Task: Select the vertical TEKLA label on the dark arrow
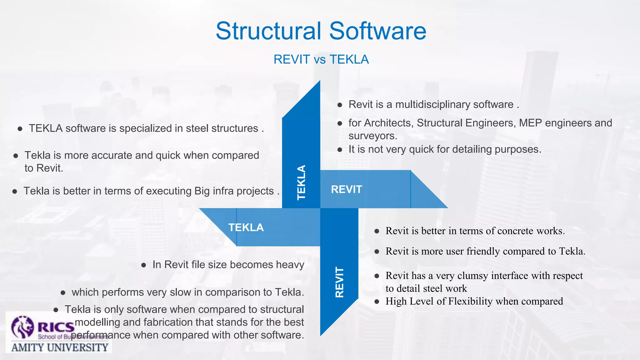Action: [301, 182]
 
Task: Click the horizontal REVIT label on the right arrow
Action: [346, 189]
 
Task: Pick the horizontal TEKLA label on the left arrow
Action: [246, 227]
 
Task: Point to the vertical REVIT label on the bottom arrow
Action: [339, 282]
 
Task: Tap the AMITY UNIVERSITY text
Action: [60, 347]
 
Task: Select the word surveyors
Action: [372, 136]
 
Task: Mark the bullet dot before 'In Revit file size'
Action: [144, 265]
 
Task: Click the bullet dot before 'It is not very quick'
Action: [340, 150]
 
